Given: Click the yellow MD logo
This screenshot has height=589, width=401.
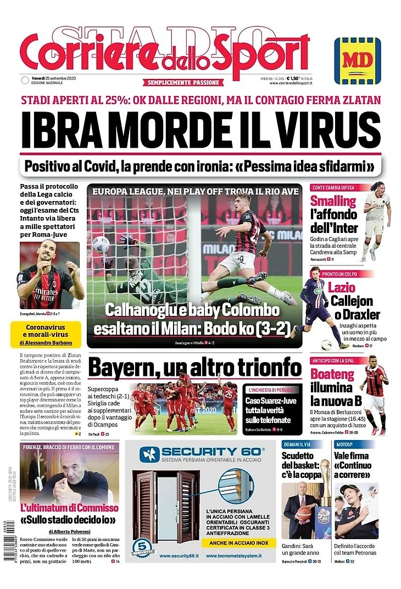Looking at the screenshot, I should tap(357, 60).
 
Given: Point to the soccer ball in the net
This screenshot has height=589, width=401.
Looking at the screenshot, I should tap(101, 244).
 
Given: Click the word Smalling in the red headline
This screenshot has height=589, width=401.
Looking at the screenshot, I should tap(333, 201).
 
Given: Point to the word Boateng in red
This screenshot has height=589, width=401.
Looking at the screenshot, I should tap(333, 375).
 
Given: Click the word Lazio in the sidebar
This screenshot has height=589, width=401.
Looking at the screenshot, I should tap(341, 288).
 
